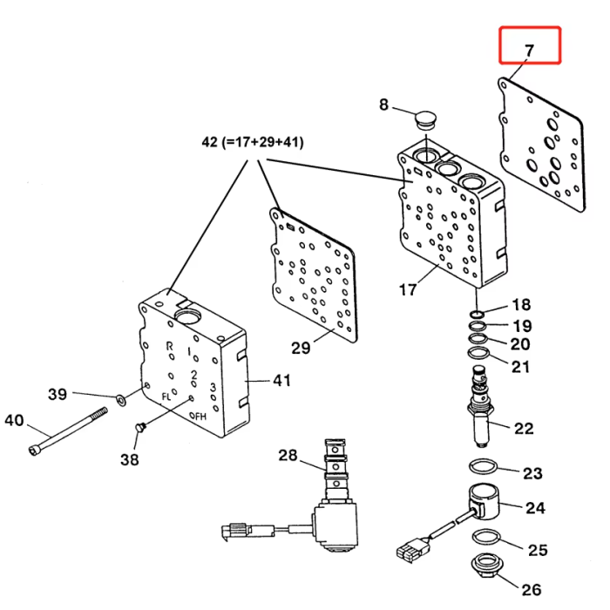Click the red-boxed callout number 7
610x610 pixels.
(x=529, y=51)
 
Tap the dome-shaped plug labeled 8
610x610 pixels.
(x=426, y=120)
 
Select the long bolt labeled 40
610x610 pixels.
(x=68, y=431)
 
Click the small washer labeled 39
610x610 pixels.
(x=121, y=399)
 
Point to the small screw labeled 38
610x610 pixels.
(x=139, y=428)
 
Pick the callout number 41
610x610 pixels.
(x=282, y=381)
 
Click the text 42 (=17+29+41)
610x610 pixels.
(x=253, y=142)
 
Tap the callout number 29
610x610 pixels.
(x=302, y=348)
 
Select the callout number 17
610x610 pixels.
(x=408, y=289)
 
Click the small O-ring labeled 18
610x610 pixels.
(x=477, y=314)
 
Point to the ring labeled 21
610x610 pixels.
(x=478, y=353)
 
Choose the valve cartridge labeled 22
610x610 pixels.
(x=481, y=407)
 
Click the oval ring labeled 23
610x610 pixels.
(x=483, y=467)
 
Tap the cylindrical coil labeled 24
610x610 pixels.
(x=484, y=501)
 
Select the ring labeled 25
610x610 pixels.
(x=486, y=538)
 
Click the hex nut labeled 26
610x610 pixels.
(x=485, y=565)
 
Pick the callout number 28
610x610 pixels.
(x=288, y=455)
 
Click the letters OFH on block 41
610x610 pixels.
(x=198, y=417)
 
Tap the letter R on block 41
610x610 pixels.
(x=169, y=346)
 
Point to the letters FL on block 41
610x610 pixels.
(x=166, y=396)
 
